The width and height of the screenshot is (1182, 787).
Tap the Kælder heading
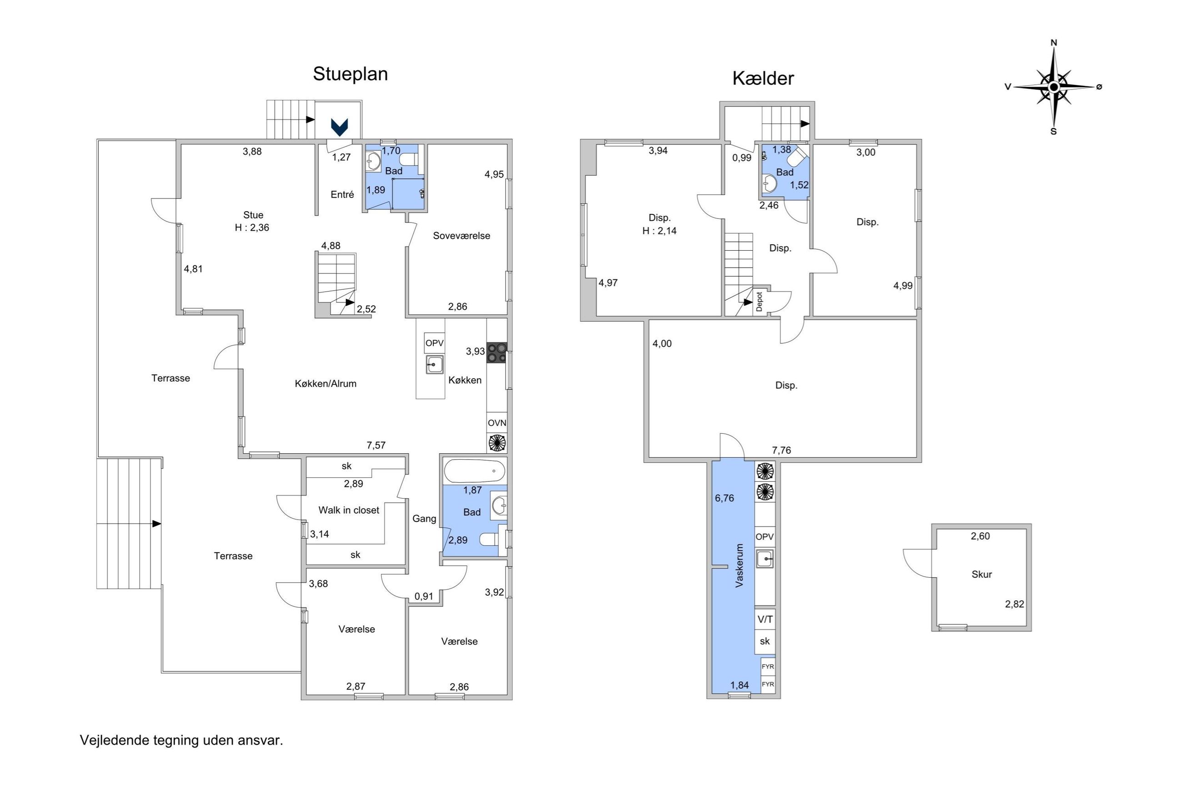762,78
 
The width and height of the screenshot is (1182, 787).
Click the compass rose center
1054,87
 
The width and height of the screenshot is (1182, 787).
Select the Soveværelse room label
461,236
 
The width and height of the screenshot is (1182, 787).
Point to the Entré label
342,195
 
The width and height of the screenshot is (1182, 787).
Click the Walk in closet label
349,510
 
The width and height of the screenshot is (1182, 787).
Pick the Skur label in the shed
981,574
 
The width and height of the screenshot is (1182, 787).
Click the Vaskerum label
739,566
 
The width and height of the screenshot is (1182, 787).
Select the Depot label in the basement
759,302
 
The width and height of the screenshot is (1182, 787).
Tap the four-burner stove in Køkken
497,352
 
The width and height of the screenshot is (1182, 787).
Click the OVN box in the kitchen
497,423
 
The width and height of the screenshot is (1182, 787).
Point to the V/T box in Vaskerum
765,619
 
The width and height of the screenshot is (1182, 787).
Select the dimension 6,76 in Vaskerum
724,498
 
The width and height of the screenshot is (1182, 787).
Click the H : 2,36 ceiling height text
252,228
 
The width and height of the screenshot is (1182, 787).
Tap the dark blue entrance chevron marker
340,127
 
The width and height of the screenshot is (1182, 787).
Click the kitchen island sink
435,364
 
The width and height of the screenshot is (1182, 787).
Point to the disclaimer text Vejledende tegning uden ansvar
181,740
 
